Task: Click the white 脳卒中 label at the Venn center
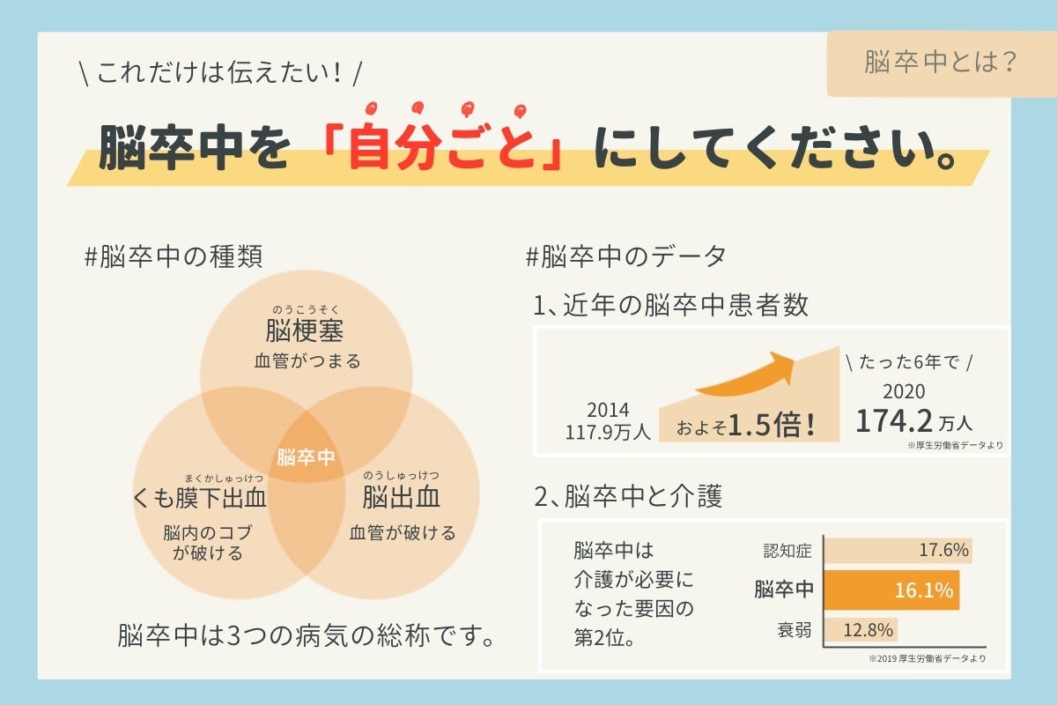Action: click(x=306, y=457)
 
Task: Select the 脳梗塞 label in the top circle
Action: click(x=305, y=331)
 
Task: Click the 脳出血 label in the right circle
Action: click(x=402, y=499)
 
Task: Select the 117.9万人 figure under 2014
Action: click(x=608, y=432)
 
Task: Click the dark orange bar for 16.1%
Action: click(x=891, y=590)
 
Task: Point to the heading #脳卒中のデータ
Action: click(x=625, y=256)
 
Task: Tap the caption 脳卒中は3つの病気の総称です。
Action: click(x=306, y=635)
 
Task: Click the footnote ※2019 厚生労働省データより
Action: click(x=927, y=658)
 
